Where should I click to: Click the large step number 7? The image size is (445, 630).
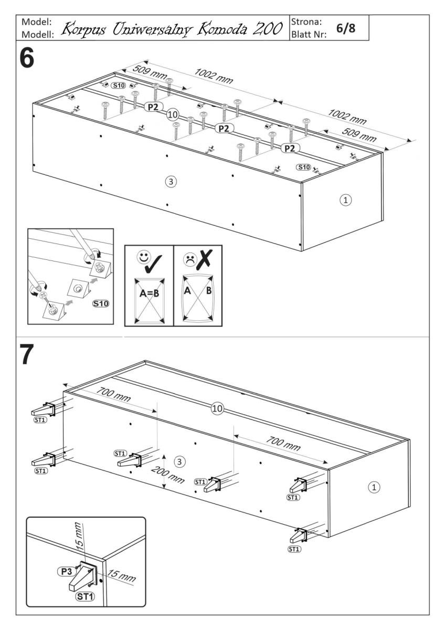(27, 355)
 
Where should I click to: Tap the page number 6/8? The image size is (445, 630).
(346, 28)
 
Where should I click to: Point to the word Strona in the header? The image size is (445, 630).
(306, 23)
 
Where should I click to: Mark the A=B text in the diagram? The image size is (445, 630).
(149, 294)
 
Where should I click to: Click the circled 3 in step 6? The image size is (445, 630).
(169, 182)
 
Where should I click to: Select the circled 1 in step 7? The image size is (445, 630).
(374, 487)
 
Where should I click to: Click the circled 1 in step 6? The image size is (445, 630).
(345, 199)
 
